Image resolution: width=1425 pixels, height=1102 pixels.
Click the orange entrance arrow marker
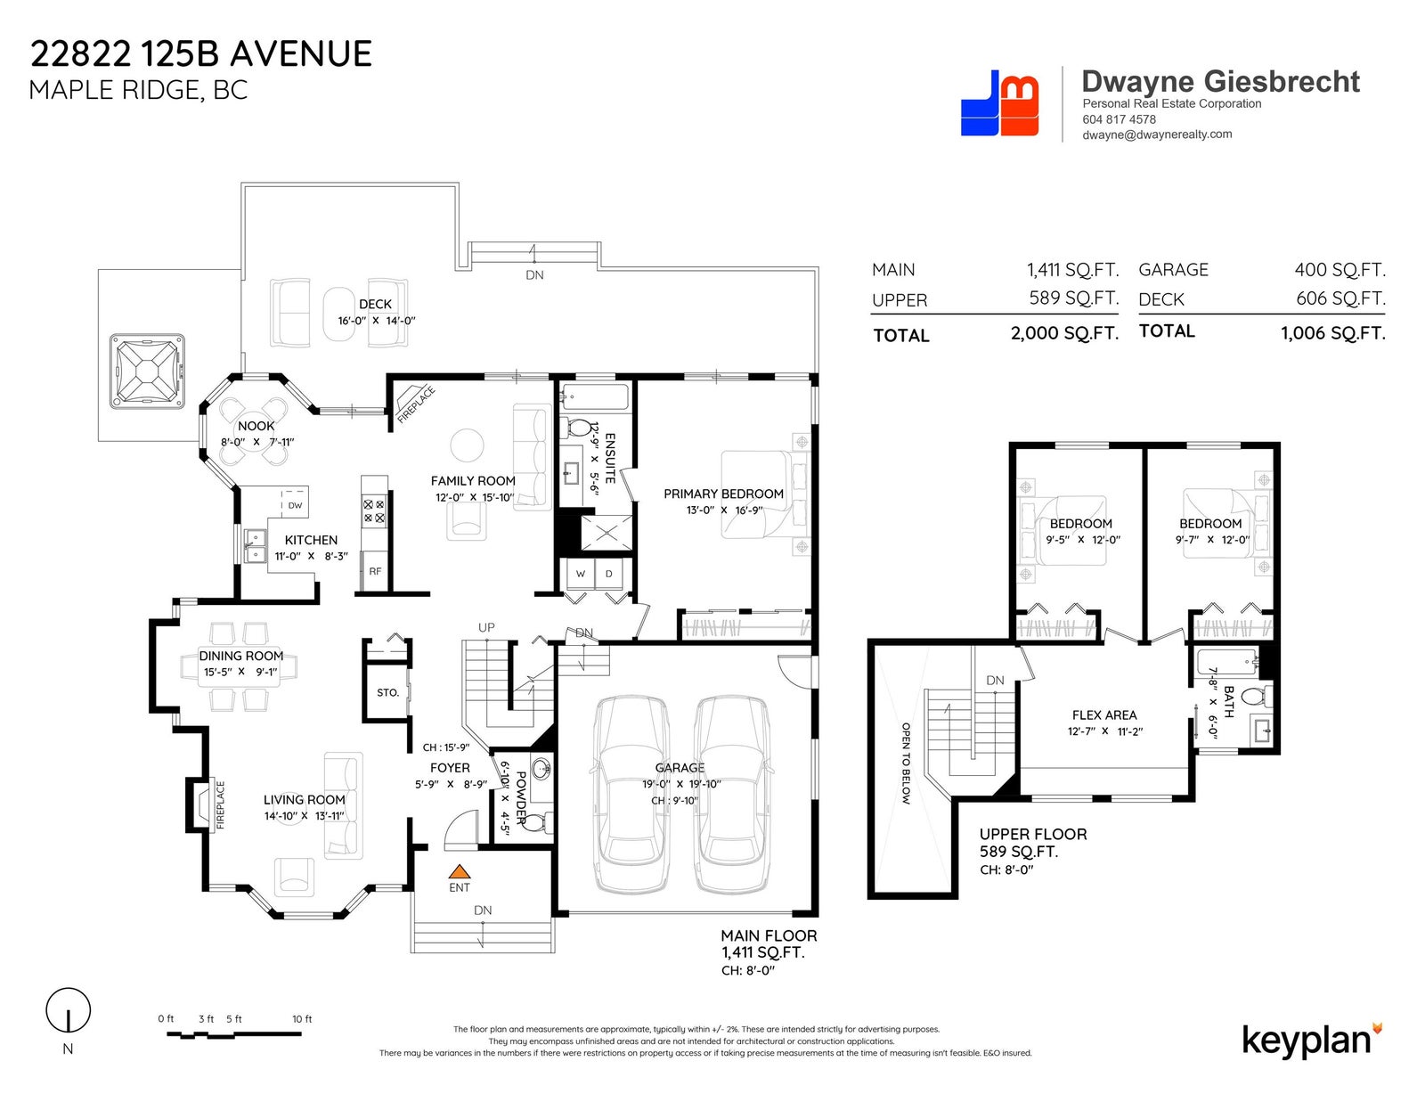point(459,871)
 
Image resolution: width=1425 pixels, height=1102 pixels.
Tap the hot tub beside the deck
point(147,371)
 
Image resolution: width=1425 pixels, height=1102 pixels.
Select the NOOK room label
point(256,426)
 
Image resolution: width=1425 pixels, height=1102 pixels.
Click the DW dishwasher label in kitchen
point(295,506)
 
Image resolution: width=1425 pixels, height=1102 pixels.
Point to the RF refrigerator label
point(375,571)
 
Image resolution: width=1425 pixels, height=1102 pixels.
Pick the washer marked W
point(581,574)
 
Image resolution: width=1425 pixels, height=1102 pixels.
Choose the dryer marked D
point(609,574)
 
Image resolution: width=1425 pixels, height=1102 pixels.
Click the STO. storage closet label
point(387,692)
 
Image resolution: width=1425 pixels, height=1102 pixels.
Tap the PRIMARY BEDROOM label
point(723,494)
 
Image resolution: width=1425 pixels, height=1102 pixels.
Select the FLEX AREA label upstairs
point(1104,715)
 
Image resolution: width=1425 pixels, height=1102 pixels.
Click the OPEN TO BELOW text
point(906,763)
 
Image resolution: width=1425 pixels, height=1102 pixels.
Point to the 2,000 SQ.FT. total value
point(1064,333)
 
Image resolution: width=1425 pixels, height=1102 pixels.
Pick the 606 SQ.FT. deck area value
point(1341,298)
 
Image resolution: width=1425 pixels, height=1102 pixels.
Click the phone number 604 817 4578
point(1119,119)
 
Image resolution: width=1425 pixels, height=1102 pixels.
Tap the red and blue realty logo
point(999,103)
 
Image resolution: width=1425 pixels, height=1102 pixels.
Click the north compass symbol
point(69,1010)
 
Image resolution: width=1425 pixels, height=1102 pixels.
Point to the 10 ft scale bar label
point(302,1018)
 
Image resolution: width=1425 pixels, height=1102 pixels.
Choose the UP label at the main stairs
point(486,627)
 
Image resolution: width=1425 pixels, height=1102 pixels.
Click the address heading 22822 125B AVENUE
point(201,53)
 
